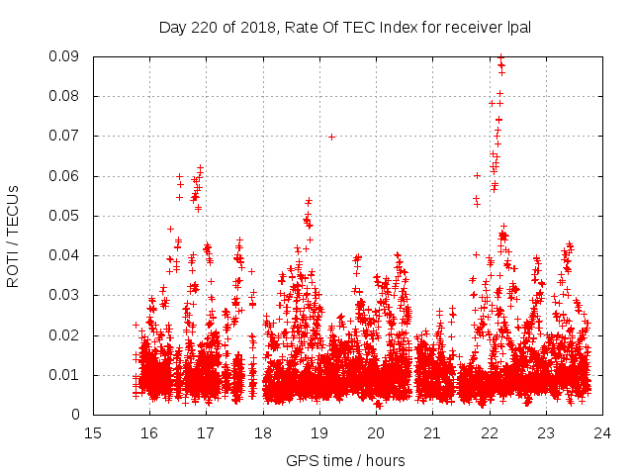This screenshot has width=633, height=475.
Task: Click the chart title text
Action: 345,28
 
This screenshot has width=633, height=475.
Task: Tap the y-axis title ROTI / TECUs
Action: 13,236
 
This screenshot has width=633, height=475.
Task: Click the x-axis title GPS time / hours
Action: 345,460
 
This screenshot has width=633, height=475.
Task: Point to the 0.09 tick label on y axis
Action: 65,56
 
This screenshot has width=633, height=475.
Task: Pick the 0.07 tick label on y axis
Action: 65,136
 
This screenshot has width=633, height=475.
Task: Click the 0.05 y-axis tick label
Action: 65,216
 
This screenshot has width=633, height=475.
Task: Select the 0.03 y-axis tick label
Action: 65,295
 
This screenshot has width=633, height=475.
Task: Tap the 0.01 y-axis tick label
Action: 65,374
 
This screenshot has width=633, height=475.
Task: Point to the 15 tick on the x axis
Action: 93,432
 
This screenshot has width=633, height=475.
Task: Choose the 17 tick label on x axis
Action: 206,432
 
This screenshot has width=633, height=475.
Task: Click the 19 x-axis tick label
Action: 319,432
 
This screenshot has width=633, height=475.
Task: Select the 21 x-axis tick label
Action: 432,432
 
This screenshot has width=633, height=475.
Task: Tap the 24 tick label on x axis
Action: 601,432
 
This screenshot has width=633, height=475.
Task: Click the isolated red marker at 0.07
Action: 331,137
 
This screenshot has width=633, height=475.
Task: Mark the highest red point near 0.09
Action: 500,57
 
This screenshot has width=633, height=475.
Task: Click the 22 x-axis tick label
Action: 489,432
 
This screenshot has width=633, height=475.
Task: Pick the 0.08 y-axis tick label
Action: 65,96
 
